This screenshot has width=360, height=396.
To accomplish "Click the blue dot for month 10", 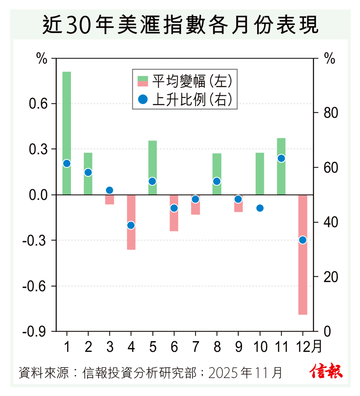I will pos(260,208).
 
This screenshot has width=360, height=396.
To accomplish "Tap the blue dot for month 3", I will pos(110,190).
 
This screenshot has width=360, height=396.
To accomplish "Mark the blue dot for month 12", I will pos(303,240).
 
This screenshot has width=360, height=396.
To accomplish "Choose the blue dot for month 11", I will pos(281,158).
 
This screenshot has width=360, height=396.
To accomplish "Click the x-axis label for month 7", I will pos(195,347).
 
